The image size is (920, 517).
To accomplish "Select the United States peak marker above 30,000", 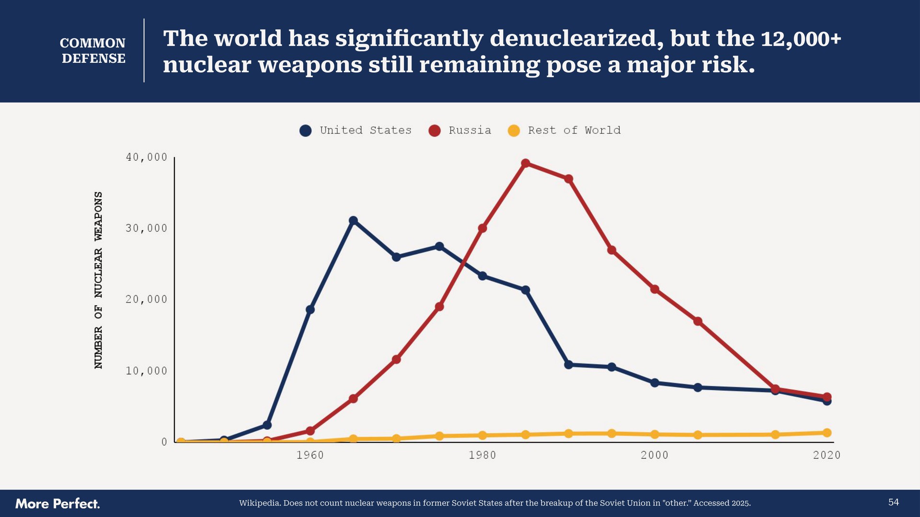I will [x=353, y=221].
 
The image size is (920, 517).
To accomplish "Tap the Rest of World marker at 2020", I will [x=827, y=433].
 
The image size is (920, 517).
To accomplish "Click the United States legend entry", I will [x=356, y=130].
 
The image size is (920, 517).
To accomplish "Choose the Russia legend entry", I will [x=460, y=130].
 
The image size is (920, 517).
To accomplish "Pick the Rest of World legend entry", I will [x=564, y=130].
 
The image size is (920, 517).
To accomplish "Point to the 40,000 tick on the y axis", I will [x=147, y=157].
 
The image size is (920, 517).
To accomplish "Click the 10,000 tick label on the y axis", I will [x=147, y=371].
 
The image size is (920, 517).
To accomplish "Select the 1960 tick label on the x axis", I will [x=310, y=455].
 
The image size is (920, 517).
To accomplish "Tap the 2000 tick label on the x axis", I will [x=655, y=455].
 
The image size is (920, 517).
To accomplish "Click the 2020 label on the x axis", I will [x=827, y=455].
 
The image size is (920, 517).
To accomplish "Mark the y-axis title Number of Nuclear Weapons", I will [x=98, y=280].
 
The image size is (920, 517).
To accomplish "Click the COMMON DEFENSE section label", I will [x=93, y=51].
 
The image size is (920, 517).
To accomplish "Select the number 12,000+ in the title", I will [x=801, y=39].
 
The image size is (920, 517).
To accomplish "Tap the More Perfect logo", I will [x=57, y=504].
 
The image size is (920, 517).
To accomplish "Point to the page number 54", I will [x=893, y=502].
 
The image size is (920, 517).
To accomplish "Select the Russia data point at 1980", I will [x=483, y=228].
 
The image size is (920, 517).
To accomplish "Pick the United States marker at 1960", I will [x=310, y=310].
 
